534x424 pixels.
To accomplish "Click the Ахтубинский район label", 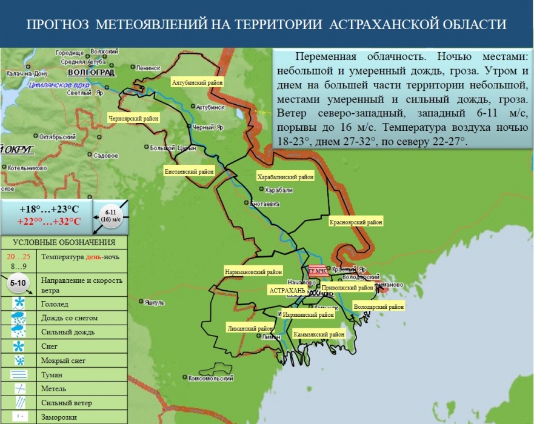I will [x=197, y=82].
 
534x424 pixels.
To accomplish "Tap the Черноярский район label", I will [x=133, y=119].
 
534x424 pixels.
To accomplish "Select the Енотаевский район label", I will [x=190, y=172].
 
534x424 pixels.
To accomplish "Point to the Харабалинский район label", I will [x=285, y=177].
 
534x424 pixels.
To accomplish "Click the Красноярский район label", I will [x=356, y=222].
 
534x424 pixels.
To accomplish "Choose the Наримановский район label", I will [x=253, y=272].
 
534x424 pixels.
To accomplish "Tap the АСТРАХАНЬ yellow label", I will [x=286, y=291].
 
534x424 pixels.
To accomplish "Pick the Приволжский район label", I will [x=347, y=288].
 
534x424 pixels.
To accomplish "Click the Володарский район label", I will [x=379, y=307].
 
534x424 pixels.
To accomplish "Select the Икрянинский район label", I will [x=309, y=315].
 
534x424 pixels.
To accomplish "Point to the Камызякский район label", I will [x=319, y=334].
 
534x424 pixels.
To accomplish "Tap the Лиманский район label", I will [x=250, y=328].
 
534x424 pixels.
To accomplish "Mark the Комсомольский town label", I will [x=211, y=378].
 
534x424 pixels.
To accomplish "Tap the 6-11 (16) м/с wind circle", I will [x=111, y=216].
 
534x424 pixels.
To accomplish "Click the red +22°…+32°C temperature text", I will [x=49, y=221].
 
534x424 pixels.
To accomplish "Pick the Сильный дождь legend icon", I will [x=19, y=331].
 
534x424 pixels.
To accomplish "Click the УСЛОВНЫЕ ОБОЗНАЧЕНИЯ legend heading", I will [x=64, y=243].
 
